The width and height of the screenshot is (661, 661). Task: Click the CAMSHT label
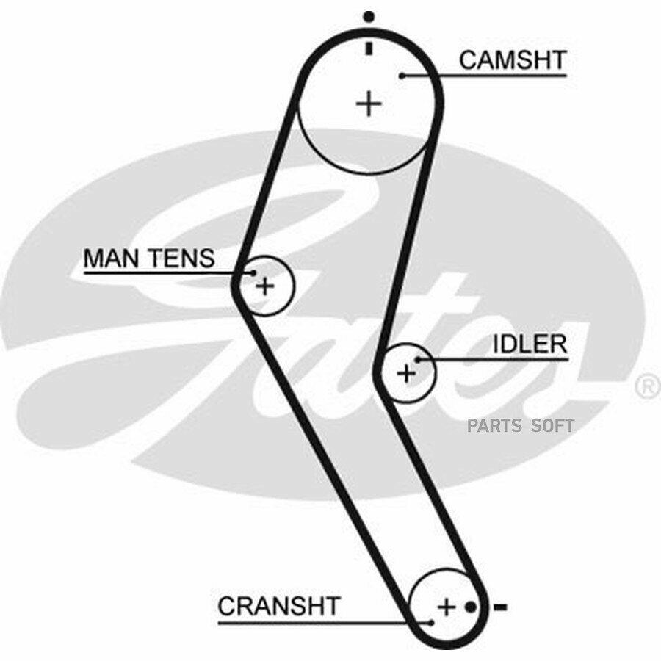pyautogui.click(x=513, y=60)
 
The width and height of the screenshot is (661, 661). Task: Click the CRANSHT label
pyautogui.click(x=279, y=606)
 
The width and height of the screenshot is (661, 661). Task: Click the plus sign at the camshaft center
pyautogui.click(x=369, y=104)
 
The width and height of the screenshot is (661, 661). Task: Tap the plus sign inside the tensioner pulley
pyautogui.click(x=265, y=286)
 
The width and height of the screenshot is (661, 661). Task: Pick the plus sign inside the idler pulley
pyautogui.click(x=406, y=374)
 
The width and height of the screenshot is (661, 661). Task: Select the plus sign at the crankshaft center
pyautogui.click(x=447, y=607)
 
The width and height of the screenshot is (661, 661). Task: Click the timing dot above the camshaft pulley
pyautogui.click(x=369, y=17)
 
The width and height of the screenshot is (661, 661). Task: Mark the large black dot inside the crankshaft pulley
pyautogui.click(x=471, y=607)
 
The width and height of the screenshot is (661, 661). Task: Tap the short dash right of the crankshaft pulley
pyautogui.click(x=500, y=607)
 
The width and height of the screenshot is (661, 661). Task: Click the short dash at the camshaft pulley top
pyautogui.click(x=369, y=48)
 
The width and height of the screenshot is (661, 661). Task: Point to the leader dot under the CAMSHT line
pyautogui.click(x=402, y=76)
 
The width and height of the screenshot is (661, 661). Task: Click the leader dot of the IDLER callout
pyautogui.click(x=418, y=360)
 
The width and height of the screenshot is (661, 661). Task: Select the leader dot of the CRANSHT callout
pyautogui.click(x=431, y=623)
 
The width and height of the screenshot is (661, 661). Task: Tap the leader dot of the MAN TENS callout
pyautogui.click(x=253, y=273)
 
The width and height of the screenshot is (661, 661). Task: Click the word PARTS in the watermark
pyautogui.click(x=494, y=426)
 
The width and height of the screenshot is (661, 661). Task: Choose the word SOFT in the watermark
pyautogui.click(x=552, y=426)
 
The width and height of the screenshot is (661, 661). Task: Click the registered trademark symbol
pyautogui.click(x=648, y=387)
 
